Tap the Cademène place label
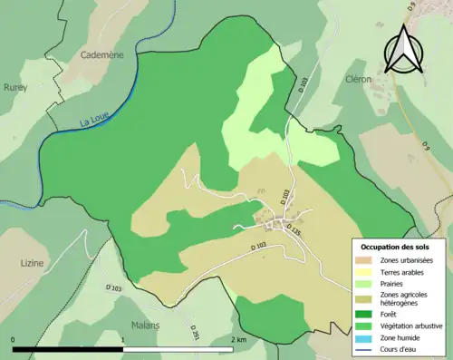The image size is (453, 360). (101, 54)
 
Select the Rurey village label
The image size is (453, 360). (15, 88)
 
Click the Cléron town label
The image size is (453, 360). (358, 79)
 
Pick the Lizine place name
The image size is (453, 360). (32, 263)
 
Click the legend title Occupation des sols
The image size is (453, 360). (399, 247)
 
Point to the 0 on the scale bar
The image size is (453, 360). (13, 339)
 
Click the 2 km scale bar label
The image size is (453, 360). (239, 339)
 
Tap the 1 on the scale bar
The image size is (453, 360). (123, 339)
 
